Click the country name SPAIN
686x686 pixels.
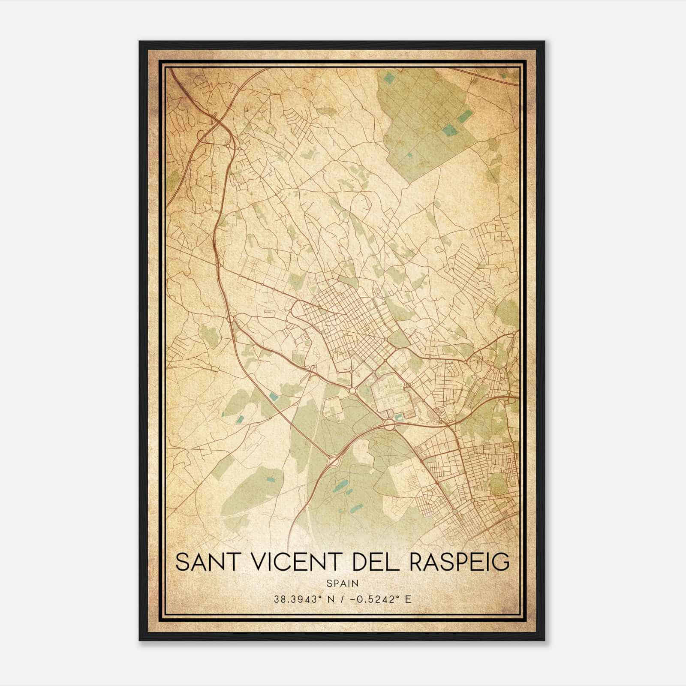pyautogui.click(x=343, y=583)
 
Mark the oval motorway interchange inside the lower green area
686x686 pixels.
pyautogui.click(x=334, y=462)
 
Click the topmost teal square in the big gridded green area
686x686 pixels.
pyautogui.click(x=388, y=78)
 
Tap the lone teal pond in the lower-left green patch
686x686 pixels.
pyautogui.click(x=270, y=480)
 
